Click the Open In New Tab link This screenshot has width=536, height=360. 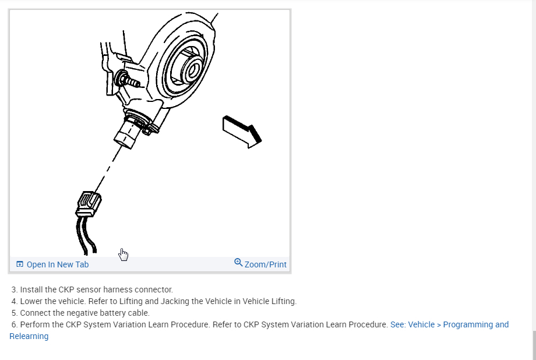click(x=57, y=264)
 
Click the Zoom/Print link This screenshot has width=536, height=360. click(x=265, y=264)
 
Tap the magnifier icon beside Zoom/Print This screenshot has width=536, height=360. click(x=238, y=263)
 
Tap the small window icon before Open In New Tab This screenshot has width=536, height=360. click(x=20, y=264)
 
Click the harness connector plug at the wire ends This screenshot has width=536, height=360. click(x=89, y=204)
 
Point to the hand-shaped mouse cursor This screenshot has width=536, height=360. click(x=123, y=254)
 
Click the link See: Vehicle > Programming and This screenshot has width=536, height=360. click(x=449, y=324)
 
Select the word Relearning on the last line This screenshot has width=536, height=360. click(x=29, y=336)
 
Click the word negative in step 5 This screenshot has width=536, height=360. click(x=89, y=313)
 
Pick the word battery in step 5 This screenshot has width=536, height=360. click(x=119, y=313)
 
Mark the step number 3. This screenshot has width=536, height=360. click(x=14, y=290)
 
